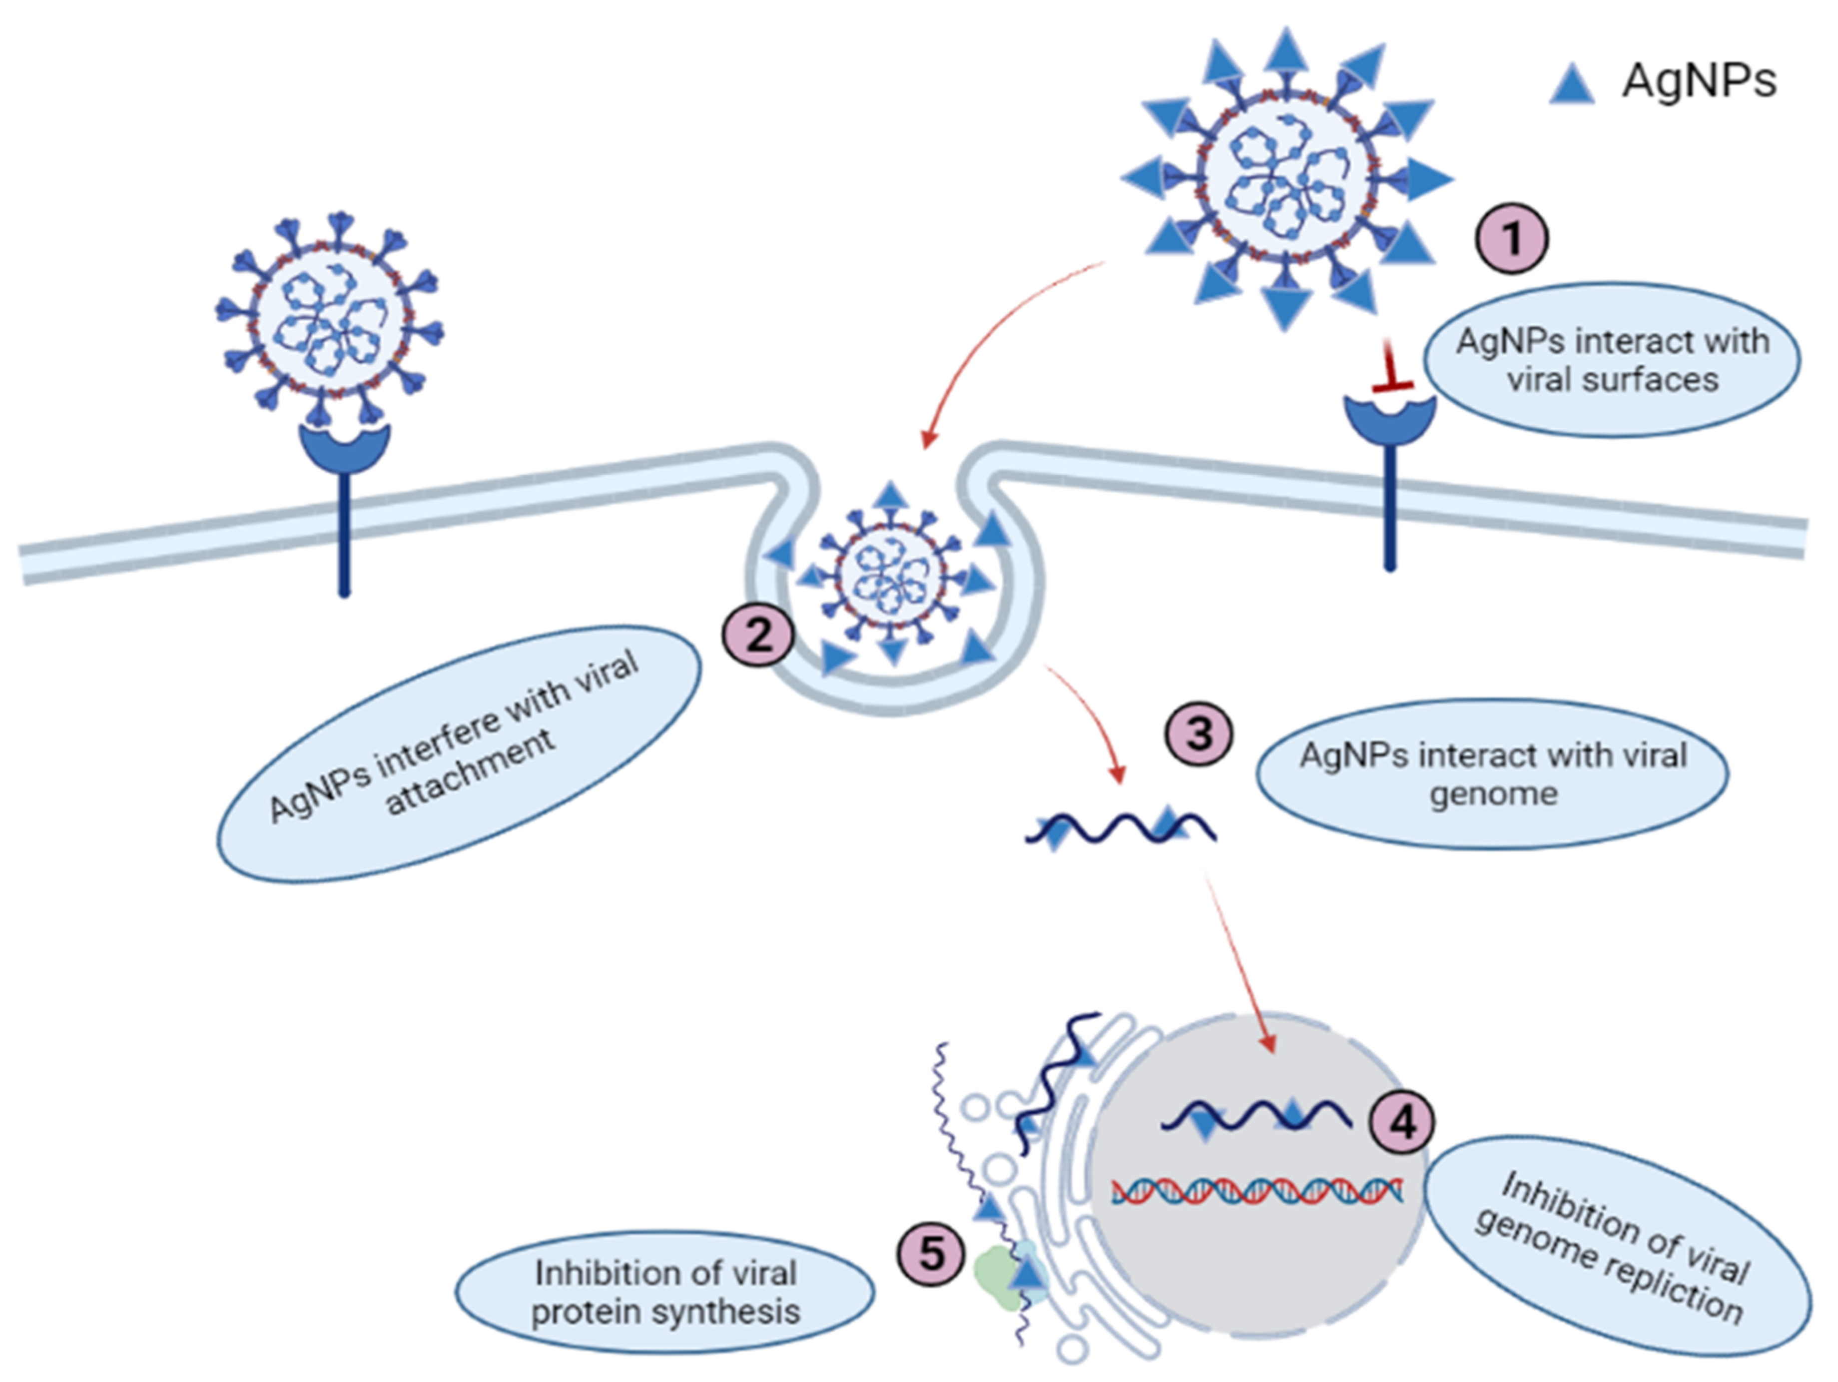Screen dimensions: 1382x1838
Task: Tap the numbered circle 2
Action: pyautogui.click(x=758, y=636)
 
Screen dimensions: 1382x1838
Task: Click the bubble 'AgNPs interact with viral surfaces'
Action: pyautogui.click(x=1612, y=360)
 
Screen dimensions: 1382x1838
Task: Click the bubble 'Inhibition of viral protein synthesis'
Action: pyautogui.click(x=665, y=1292)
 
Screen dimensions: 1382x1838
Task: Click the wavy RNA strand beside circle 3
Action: pyautogui.click(x=1120, y=828)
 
